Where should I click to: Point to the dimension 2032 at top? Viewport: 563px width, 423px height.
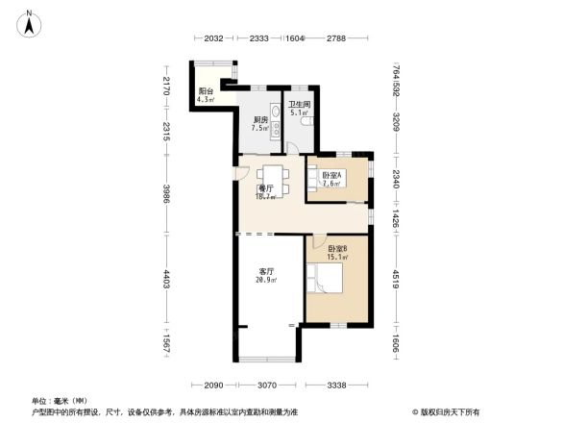213,38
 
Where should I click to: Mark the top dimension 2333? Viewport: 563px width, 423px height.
258,38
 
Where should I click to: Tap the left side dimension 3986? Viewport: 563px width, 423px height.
166,195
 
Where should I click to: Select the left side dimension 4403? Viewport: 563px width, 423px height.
166,280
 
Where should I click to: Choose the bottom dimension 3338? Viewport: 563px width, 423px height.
336,386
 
